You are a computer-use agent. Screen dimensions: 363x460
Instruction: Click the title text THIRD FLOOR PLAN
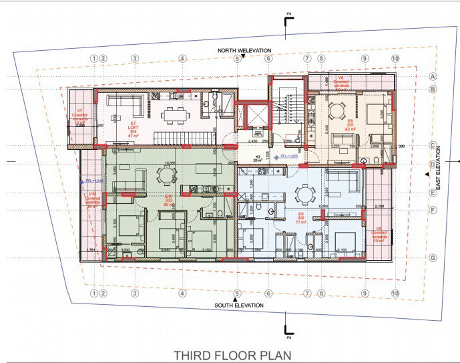pyautogui.click(x=232, y=354)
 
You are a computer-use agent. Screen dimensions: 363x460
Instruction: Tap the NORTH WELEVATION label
pyautogui.click(x=243, y=50)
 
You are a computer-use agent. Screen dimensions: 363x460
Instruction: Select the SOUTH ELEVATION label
pyautogui.click(x=238, y=306)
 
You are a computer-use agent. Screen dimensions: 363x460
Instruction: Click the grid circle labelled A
pyautogui.click(x=432, y=76)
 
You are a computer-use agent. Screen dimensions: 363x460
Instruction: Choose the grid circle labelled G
pyautogui.click(x=432, y=258)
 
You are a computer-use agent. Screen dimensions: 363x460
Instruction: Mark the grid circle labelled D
pyautogui.click(x=432, y=162)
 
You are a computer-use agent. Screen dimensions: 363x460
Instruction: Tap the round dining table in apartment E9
pyautogui.click(x=305, y=195)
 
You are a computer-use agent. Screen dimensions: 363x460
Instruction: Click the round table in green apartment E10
pyautogui.click(x=165, y=175)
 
